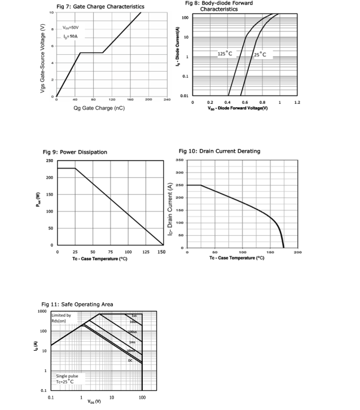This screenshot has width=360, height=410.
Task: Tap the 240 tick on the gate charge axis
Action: tap(166, 99)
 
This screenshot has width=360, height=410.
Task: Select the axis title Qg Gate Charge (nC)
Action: tap(99, 108)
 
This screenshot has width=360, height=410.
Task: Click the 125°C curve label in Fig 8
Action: tap(225, 54)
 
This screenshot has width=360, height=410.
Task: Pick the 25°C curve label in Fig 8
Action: tap(260, 55)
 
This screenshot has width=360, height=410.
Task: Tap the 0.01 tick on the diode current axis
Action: tap(185, 96)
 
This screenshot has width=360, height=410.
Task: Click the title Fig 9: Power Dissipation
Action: tap(74, 152)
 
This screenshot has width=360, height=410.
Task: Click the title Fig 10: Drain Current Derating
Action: tap(219, 151)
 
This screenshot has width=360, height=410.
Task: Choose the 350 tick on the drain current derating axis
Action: tap(180, 161)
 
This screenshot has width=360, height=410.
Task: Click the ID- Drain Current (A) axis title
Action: tap(169, 208)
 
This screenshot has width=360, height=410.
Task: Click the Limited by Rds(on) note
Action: tap(62, 318)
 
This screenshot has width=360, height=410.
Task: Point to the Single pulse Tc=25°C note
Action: tap(68, 378)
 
